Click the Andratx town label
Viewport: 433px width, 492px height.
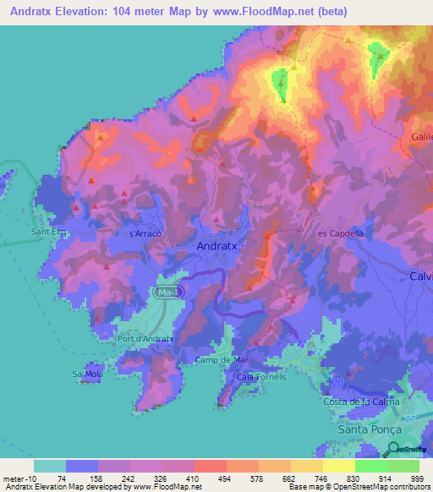pyautogui.click(x=218, y=245)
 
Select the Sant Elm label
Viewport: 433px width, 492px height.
pyautogui.click(x=48, y=232)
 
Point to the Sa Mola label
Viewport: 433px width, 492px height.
pyautogui.click(x=87, y=373)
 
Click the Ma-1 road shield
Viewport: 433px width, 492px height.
pyautogui.click(x=167, y=292)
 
